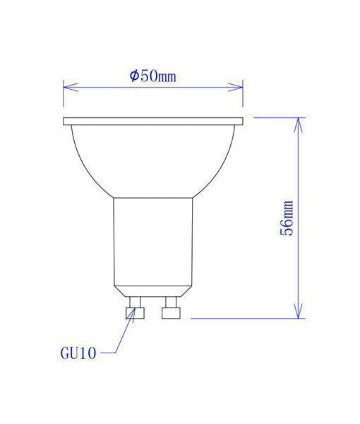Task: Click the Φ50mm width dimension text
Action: point(153,76)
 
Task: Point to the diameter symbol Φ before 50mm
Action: point(134,76)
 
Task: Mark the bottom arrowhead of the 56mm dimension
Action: point(299,312)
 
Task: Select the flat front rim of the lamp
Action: point(153,122)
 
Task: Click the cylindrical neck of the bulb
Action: point(153,240)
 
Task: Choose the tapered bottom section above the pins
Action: point(153,290)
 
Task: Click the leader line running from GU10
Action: point(116,339)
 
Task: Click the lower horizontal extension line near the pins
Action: point(247,318)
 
